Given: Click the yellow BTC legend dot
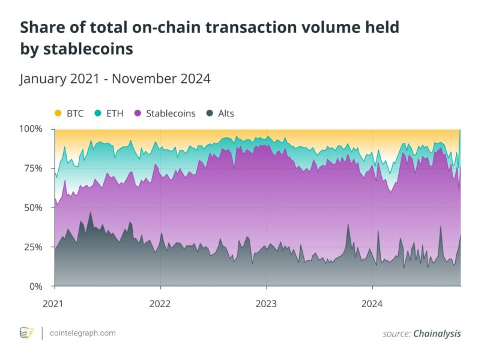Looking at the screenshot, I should pyautogui.click(x=58, y=113).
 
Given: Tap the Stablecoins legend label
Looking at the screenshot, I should pyautogui.click(x=171, y=113).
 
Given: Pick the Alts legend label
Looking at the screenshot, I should pyautogui.click(x=226, y=113).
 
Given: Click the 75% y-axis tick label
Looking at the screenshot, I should pyautogui.click(x=34, y=169).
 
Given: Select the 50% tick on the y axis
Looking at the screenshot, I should pyautogui.click(x=34, y=208).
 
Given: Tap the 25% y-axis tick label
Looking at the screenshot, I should pyautogui.click(x=34, y=247).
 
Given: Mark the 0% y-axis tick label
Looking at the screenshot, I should pyautogui.click(x=36, y=286).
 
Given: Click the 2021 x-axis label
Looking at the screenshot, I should pyautogui.click(x=54, y=303).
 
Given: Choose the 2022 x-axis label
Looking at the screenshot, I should pyautogui.click(x=160, y=303).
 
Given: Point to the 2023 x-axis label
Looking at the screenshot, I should pyautogui.click(x=267, y=303).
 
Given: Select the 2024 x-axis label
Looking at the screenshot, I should pyautogui.click(x=372, y=303).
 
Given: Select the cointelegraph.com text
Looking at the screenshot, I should pyautogui.click(x=83, y=333).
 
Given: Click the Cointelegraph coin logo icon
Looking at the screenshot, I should pyautogui.click(x=27, y=333).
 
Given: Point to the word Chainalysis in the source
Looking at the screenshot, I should pyautogui.click(x=437, y=334).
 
